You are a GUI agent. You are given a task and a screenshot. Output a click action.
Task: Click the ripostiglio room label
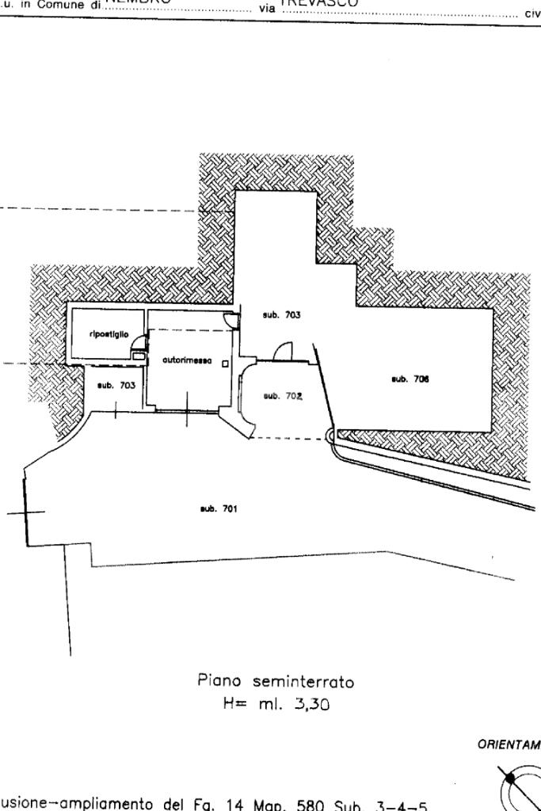click(x=105, y=334)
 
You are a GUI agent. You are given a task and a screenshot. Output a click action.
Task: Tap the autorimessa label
click(x=187, y=360)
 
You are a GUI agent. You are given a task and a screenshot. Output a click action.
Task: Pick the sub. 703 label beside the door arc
click(x=281, y=315)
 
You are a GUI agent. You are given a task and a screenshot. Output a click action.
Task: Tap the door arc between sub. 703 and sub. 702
click(x=285, y=351)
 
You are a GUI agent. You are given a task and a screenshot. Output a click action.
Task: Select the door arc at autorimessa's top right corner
click(x=230, y=319)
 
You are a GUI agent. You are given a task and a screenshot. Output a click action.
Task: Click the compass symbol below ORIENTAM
click(x=521, y=788)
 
